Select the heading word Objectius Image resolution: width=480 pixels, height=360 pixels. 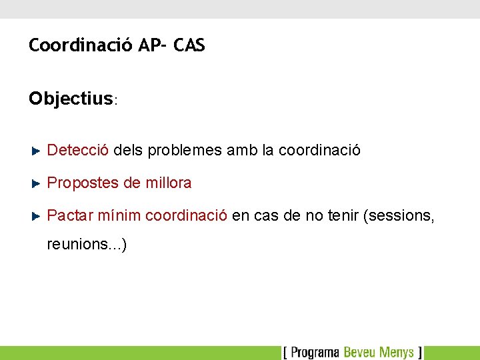pyautogui.click(x=71, y=99)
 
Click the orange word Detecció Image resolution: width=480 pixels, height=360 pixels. pyautogui.click(x=78, y=150)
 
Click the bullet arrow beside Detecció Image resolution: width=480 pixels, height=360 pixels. pyautogui.click(x=37, y=151)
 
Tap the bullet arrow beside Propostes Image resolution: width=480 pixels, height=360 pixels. pyautogui.click(x=37, y=183)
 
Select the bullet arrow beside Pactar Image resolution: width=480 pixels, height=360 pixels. pyautogui.click(x=37, y=216)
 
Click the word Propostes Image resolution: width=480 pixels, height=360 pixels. pyautogui.click(x=83, y=183)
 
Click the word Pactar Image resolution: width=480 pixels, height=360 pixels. pyautogui.click(x=69, y=215)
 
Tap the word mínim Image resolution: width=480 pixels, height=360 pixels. pyautogui.click(x=119, y=215)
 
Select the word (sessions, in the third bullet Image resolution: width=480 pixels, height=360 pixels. pyautogui.click(x=399, y=215)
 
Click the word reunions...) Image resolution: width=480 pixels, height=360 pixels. pyautogui.click(x=87, y=245)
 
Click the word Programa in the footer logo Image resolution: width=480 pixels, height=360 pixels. pyautogui.click(x=315, y=352)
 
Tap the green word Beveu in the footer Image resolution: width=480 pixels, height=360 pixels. pyautogui.click(x=360, y=352)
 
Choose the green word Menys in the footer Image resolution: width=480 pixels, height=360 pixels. pyautogui.click(x=397, y=352)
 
